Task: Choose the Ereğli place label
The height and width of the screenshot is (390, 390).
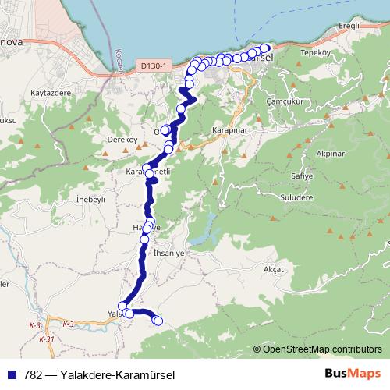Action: click(345, 26)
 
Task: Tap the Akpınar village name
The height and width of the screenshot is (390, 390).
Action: click(326, 154)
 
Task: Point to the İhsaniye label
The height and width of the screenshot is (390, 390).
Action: click(172, 254)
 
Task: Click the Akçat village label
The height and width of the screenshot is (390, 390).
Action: click(274, 269)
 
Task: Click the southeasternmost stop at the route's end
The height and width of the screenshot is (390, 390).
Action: click(158, 320)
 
